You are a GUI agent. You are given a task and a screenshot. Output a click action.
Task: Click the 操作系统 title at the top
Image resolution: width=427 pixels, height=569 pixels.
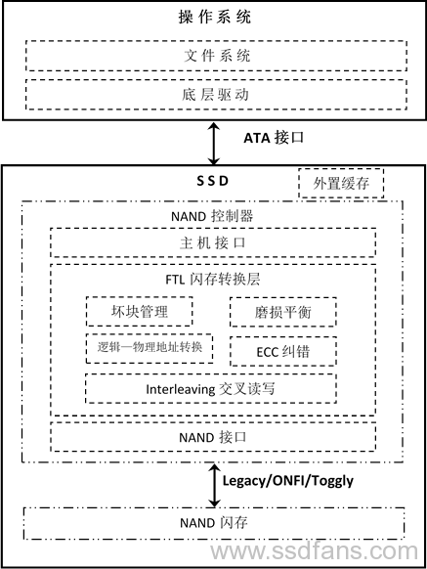pyautogui.click(x=214, y=17)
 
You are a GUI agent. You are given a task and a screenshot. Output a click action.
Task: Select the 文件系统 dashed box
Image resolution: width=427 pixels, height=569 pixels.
pyautogui.click(x=216, y=56)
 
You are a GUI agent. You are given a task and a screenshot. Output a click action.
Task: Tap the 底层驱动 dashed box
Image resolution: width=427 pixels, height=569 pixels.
pyautogui.click(x=216, y=95)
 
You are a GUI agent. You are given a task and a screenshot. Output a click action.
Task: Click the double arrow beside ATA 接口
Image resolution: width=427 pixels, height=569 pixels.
pyautogui.click(x=214, y=144)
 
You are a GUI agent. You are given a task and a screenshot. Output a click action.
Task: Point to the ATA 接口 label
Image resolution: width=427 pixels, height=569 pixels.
pyautogui.click(x=274, y=138)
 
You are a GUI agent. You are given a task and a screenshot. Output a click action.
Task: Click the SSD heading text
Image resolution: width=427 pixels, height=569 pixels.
pyautogui.click(x=213, y=181)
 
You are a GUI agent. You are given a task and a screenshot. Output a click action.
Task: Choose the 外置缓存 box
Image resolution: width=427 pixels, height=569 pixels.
pyautogui.click(x=341, y=183)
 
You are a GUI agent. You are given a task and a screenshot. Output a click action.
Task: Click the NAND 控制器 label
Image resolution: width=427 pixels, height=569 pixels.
pyautogui.click(x=212, y=216)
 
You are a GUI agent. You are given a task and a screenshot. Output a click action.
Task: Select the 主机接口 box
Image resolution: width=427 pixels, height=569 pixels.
pyautogui.click(x=213, y=242)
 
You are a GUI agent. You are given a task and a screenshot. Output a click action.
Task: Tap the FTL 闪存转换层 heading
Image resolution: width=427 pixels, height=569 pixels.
pyautogui.click(x=213, y=280)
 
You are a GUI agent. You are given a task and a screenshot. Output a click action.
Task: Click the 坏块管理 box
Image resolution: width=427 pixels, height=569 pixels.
pyautogui.click(x=140, y=311)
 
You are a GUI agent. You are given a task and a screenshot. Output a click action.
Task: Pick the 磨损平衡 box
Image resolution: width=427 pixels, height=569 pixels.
pyautogui.click(x=283, y=312)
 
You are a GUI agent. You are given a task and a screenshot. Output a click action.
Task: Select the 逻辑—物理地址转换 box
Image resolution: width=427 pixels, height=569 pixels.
pyautogui.click(x=149, y=348)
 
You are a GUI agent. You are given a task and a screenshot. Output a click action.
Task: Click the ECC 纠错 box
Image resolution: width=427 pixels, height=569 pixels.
pyautogui.click(x=283, y=351)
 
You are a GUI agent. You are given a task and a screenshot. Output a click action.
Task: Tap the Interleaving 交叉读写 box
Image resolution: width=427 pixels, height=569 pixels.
pyautogui.click(x=211, y=389)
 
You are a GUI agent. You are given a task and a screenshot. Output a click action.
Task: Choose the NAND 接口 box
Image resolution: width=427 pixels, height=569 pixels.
pyautogui.click(x=213, y=437)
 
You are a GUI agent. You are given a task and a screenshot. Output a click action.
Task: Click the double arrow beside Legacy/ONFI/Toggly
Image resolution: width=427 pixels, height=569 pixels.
pyautogui.click(x=214, y=485)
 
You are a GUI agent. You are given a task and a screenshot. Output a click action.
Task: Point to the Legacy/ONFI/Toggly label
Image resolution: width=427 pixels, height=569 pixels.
pyautogui.click(x=287, y=481)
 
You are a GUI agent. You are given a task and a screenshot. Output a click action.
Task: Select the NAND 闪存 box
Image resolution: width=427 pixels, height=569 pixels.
pyautogui.click(x=214, y=523)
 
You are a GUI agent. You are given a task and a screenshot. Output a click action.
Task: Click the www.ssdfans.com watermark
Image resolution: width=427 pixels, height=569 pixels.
pyautogui.click(x=315, y=551)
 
